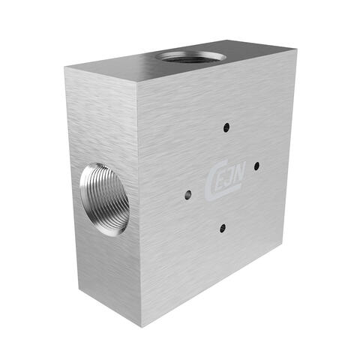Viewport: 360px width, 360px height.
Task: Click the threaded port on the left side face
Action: pos(104,199)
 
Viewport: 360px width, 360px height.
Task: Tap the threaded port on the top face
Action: pos(190,56)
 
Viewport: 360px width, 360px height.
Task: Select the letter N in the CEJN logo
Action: pos(233,178)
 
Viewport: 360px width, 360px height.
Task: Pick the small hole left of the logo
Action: pos(187,195)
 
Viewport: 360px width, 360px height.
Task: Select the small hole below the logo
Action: pos(223,227)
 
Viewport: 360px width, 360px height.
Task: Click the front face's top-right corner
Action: pos(296,51)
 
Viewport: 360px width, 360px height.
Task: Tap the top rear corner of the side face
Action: pos(65,67)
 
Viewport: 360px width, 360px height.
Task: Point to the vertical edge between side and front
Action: pos(141,206)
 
